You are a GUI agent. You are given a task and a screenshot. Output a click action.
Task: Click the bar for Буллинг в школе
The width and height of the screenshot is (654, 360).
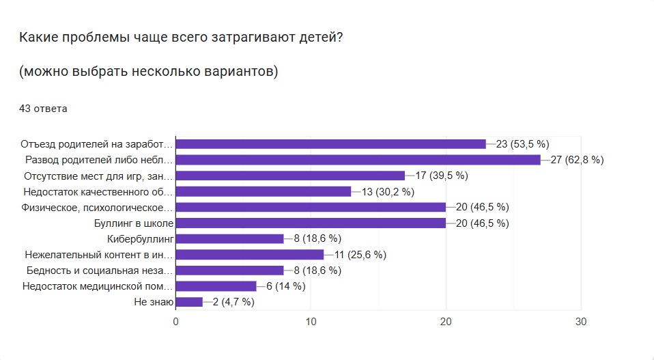311,223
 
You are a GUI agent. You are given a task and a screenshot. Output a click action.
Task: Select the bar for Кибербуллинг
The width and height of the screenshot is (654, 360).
229,238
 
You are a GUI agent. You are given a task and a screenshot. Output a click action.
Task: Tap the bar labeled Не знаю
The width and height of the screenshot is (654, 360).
189,301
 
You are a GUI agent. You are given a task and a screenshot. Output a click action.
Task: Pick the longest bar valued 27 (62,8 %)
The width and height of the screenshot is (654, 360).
358,160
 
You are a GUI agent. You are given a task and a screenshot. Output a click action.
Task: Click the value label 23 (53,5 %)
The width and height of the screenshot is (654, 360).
522,144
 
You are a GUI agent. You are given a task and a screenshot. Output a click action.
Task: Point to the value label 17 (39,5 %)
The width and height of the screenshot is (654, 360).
441,176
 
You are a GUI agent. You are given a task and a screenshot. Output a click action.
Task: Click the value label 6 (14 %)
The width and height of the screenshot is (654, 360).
285,286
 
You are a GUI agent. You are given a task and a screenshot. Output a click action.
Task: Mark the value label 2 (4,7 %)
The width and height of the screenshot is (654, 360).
233,302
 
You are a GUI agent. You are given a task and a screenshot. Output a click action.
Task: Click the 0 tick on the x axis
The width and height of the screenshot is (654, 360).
176,322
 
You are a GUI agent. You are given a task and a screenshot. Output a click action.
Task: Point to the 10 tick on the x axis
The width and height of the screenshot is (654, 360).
311,322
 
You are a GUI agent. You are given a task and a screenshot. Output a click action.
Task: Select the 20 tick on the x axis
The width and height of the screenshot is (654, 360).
446,322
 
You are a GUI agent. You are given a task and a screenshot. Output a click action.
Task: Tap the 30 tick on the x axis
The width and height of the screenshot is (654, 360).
581,322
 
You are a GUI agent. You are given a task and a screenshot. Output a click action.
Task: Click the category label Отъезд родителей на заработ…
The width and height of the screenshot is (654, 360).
96,144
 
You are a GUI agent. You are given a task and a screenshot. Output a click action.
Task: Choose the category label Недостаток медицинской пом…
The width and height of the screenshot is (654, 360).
98,286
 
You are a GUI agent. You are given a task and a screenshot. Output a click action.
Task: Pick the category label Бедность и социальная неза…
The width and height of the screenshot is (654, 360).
98,271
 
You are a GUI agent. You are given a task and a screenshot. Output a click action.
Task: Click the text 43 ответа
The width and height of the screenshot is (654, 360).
42,108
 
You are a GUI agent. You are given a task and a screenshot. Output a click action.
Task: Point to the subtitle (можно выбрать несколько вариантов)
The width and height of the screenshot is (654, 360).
148,72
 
